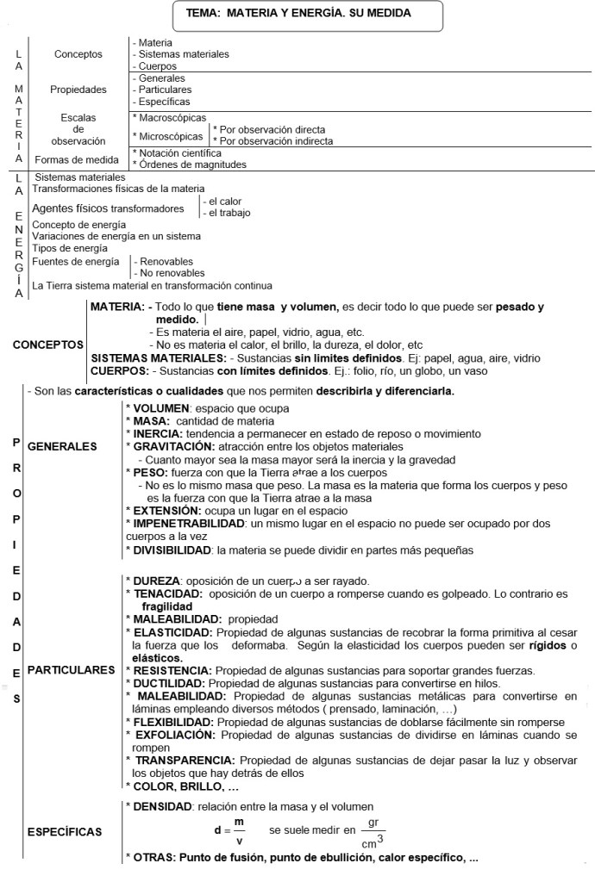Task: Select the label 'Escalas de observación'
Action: (x=78, y=129)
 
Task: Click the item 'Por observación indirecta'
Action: (x=270, y=140)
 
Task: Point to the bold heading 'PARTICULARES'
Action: (x=71, y=669)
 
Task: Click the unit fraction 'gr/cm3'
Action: (x=372, y=832)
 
